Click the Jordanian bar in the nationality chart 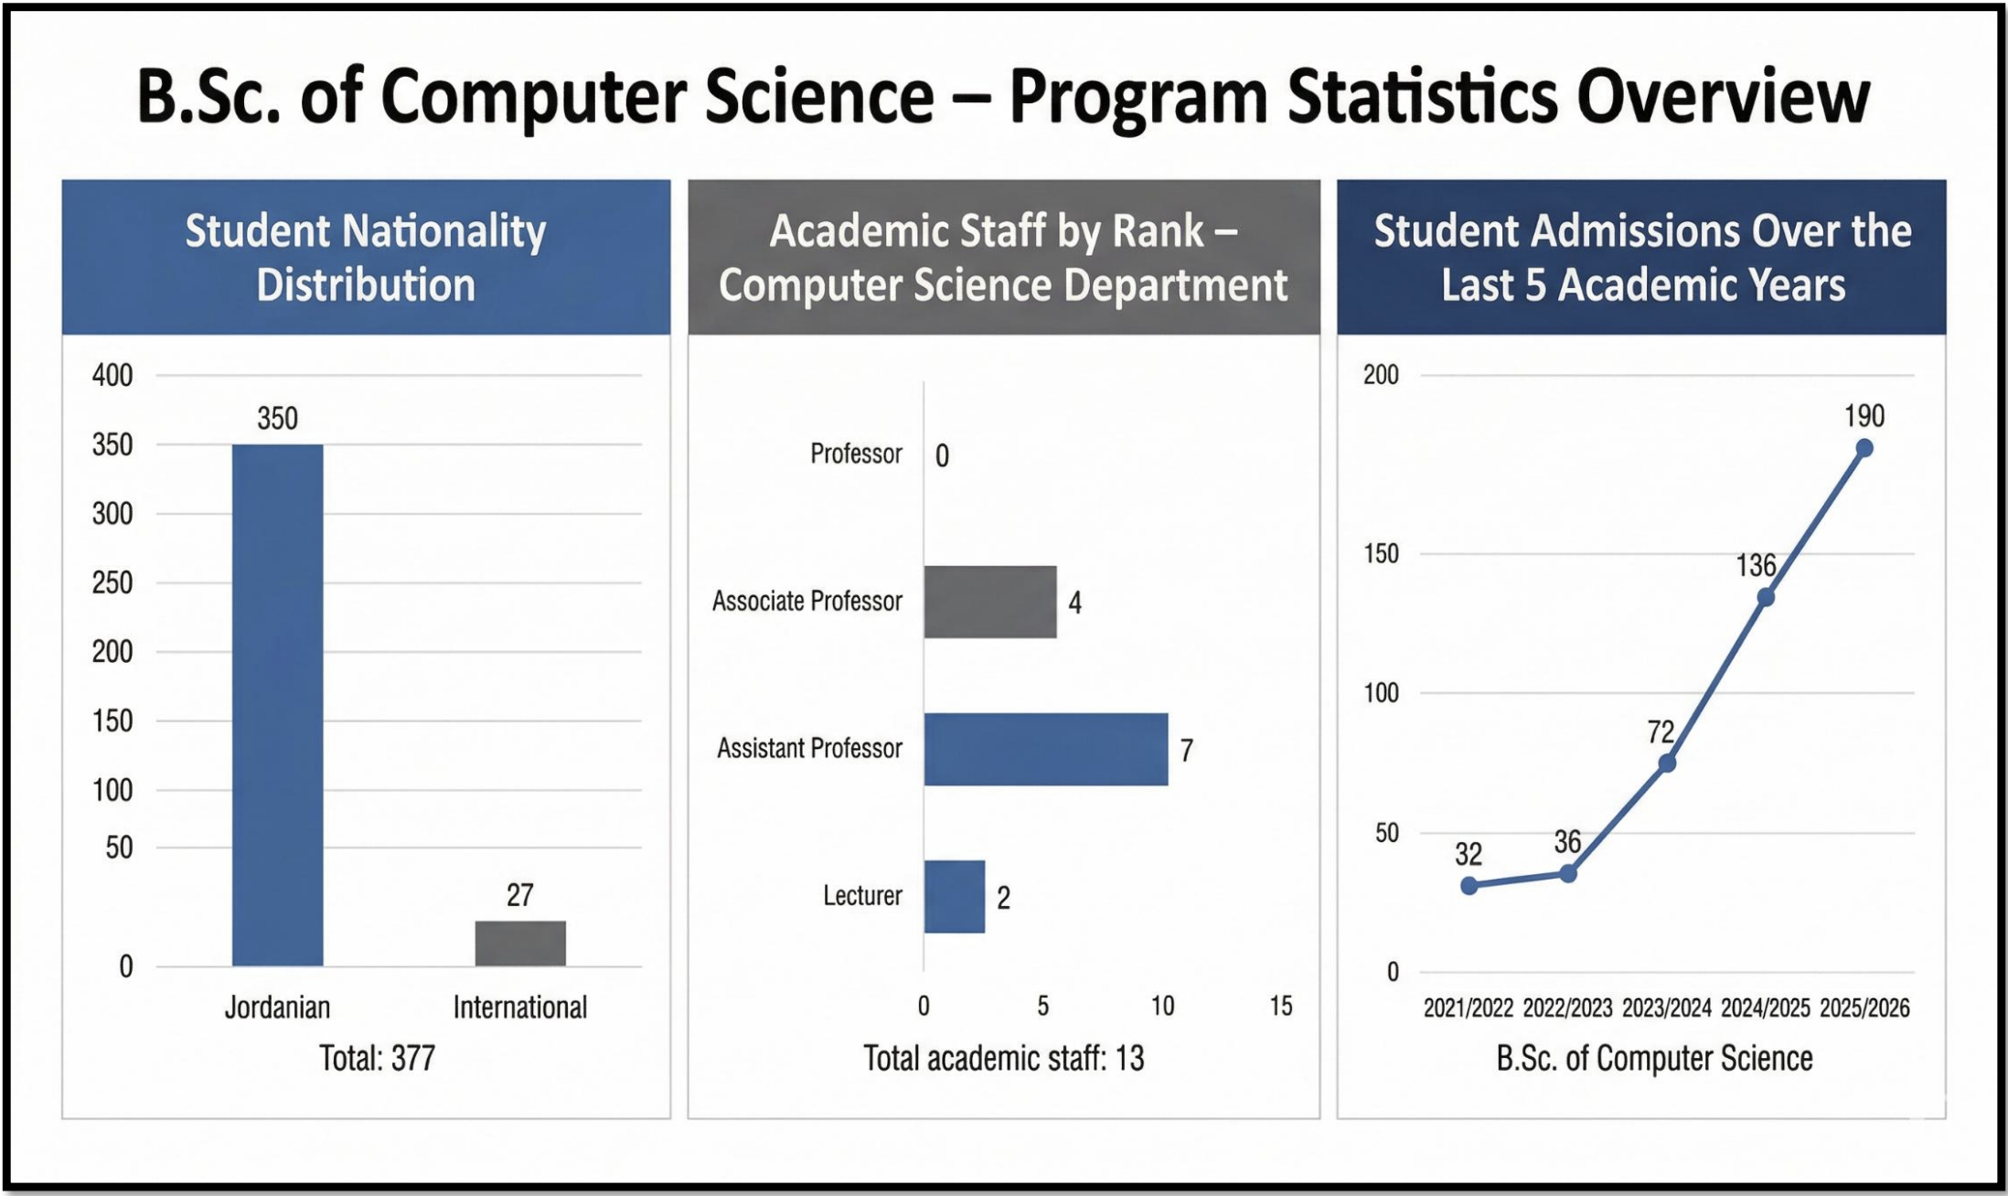[x=277, y=704]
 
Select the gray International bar [x=519, y=943]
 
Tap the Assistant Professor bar [x=1045, y=749]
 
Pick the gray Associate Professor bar [x=989, y=602]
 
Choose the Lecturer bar [x=954, y=896]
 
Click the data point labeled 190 [x=1864, y=448]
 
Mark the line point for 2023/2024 [x=1667, y=763]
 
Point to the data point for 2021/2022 [x=1469, y=885]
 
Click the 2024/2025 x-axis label [x=1765, y=1008]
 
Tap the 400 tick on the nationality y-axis [x=112, y=375]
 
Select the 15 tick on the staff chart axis [x=1280, y=1006]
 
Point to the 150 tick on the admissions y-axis [x=1381, y=553]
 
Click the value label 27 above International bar [x=519, y=894]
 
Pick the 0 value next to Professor [x=942, y=455]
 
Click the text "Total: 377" [x=377, y=1058]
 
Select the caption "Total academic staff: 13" [x=1003, y=1058]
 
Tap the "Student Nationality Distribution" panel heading [x=366, y=257]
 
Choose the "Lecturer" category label [x=862, y=895]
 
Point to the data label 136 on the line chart [x=1756, y=565]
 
